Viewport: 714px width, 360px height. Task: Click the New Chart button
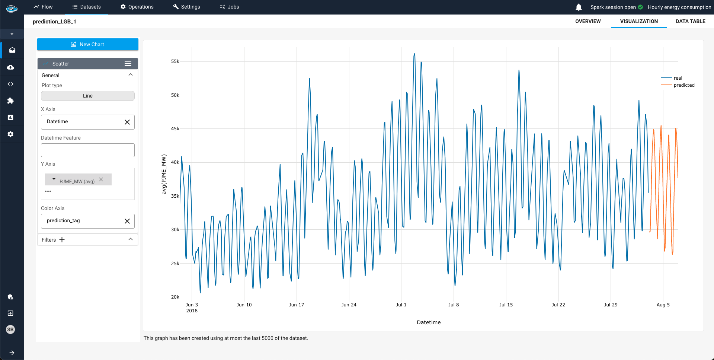(x=87, y=44)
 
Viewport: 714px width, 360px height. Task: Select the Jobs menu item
(x=229, y=7)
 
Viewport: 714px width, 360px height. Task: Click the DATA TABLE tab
(x=690, y=21)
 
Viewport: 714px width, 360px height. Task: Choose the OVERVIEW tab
(x=587, y=21)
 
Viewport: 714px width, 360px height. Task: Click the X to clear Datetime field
(x=127, y=122)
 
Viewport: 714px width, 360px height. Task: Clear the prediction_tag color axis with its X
(x=127, y=221)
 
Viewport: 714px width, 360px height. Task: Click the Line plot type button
(x=87, y=96)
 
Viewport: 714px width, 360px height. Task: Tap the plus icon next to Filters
(x=62, y=240)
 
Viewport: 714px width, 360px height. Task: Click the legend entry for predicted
(x=683, y=85)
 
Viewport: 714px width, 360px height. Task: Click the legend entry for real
(x=678, y=78)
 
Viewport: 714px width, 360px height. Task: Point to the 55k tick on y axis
(x=175, y=61)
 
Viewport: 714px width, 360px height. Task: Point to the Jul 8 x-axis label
(x=453, y=305)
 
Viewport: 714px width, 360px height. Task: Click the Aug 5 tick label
(x=663, y=305)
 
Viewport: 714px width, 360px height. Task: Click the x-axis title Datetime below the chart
(x=428, y=322)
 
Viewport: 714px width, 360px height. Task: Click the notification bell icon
(x=579, y=7)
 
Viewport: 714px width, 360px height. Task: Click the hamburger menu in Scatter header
(x=128, y=64)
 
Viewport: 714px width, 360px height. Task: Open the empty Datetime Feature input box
(x=87, y=150)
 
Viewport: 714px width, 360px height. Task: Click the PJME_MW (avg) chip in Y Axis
(x=77, y=181)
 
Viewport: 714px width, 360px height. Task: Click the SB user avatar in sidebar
(x=10, y=329)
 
